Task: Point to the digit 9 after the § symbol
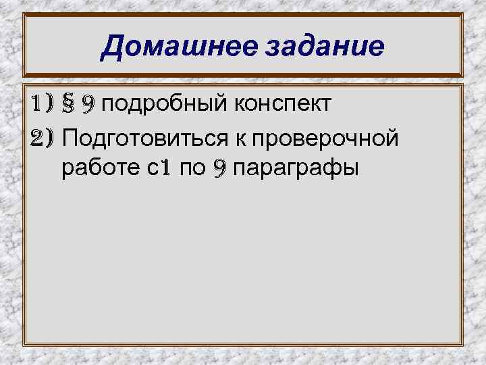[88, 105]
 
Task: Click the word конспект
[282, 105]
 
